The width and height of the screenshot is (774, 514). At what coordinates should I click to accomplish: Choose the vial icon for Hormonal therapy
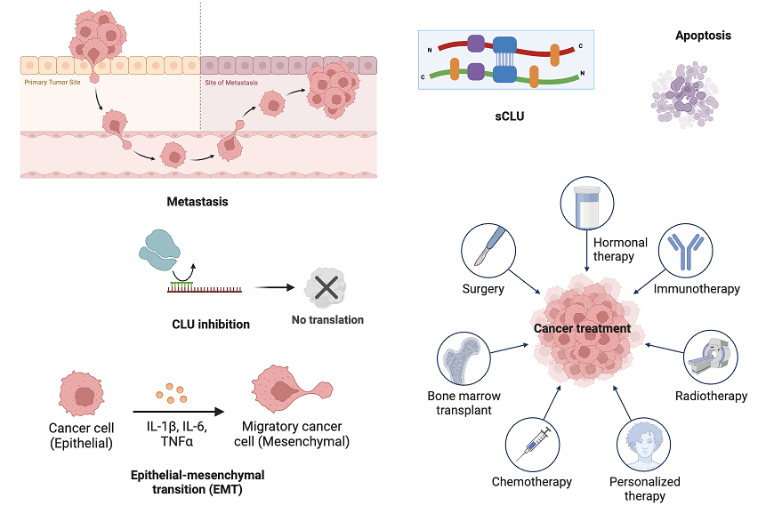586,203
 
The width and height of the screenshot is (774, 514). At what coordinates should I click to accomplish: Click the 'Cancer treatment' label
582,329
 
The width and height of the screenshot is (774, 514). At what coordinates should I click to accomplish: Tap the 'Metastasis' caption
198,202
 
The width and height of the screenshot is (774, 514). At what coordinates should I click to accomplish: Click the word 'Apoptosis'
703,36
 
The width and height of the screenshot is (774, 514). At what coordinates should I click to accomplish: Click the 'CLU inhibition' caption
211,325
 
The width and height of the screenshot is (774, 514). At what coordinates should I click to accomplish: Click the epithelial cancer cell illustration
82,394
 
